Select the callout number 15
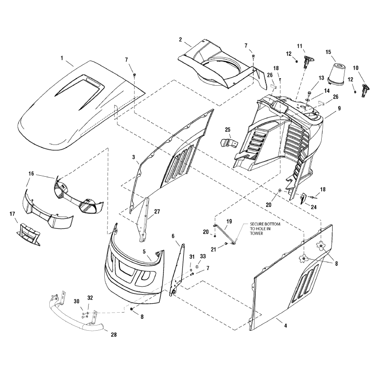click(328, 52)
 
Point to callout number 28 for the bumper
click(113, 334)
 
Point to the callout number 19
click(229, 221)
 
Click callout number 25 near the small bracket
click(227, 129)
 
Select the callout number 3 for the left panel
click(134, 156)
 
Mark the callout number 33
click(203, 256)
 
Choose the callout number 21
click(213, 248)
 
